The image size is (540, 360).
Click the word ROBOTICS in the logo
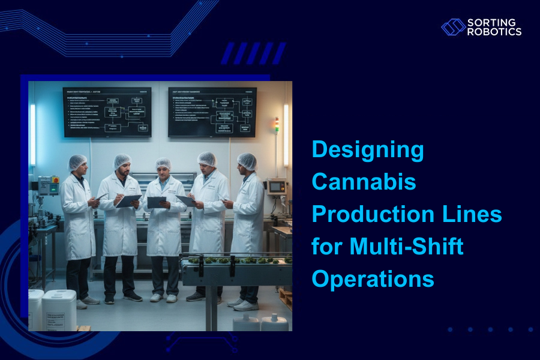pyautogui.click(x=494, y=32)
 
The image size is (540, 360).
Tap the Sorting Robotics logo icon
pyautogui.click(x=453, y=27)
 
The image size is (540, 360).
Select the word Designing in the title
pyautogui.click(x=367, y=150)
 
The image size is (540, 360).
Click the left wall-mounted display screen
pyautogui.click(x=107, y=112)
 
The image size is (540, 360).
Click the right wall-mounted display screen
pyautogui.click(x=212, y=112)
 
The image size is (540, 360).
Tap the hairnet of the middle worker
pyautogui.click(x=163, y=163)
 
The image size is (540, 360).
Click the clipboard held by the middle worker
pyautogui.click(x=157, y=202)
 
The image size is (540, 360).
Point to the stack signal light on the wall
pyautogui.click(x=276, y=125)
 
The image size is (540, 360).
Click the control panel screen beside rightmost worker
pyautogui.click(x=275, y=187)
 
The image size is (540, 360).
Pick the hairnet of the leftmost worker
pyautogui.click(x=77, y=162)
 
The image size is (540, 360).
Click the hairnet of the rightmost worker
pyautogui.click(x=247, y=161)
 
